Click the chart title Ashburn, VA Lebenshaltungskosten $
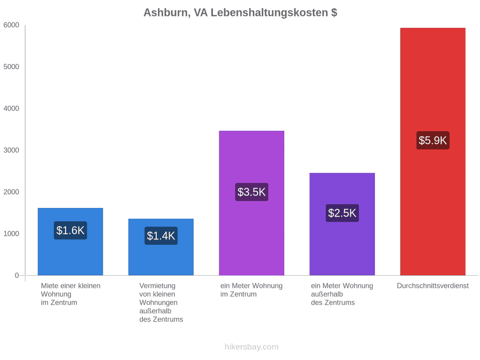(241, 13)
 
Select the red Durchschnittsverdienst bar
(433, 151)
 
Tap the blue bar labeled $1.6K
(70, 242)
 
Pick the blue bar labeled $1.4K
(161, 247)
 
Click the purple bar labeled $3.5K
(252, 203)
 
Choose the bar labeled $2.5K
(342, 224)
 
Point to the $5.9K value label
(433, 140)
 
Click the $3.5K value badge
(252, 192)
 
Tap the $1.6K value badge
(70, 230)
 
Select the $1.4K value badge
(161, 236)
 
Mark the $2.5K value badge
(342, 213)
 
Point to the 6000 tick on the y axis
(11, 25)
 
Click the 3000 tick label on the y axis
(11, 150)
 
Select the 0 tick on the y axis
(17, 275)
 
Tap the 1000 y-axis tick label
(11, 234)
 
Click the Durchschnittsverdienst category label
(433, 286)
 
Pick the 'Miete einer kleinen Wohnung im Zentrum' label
(71, 294)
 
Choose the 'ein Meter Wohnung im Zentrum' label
(251, 290)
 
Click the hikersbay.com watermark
(252, 347)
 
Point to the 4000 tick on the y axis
(11, 108)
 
